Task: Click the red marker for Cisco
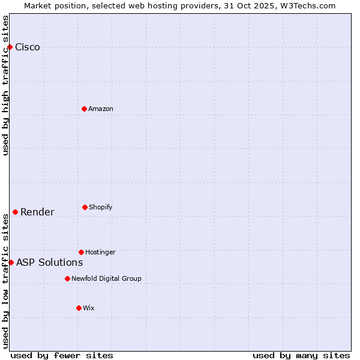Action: point(10,47)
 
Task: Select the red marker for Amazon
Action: point(84,109)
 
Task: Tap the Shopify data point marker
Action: point(85,207)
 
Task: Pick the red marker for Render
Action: point(15,212)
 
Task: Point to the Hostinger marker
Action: point(81,252)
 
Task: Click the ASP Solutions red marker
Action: point(11,262)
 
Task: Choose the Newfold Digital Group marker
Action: point(67,278)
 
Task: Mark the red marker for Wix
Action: point(79,308)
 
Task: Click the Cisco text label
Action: point(28,47)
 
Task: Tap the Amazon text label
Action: point(101,109)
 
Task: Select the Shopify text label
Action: point(101,207)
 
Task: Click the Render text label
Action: point(37,212)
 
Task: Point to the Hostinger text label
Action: point(100,252)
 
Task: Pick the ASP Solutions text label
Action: point(49,262)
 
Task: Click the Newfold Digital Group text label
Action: point(106,278)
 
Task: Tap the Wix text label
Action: point(89,308)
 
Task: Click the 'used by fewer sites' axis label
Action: point(62,355)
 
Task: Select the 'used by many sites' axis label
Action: point(301,355)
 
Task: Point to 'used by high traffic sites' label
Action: point(5,85)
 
